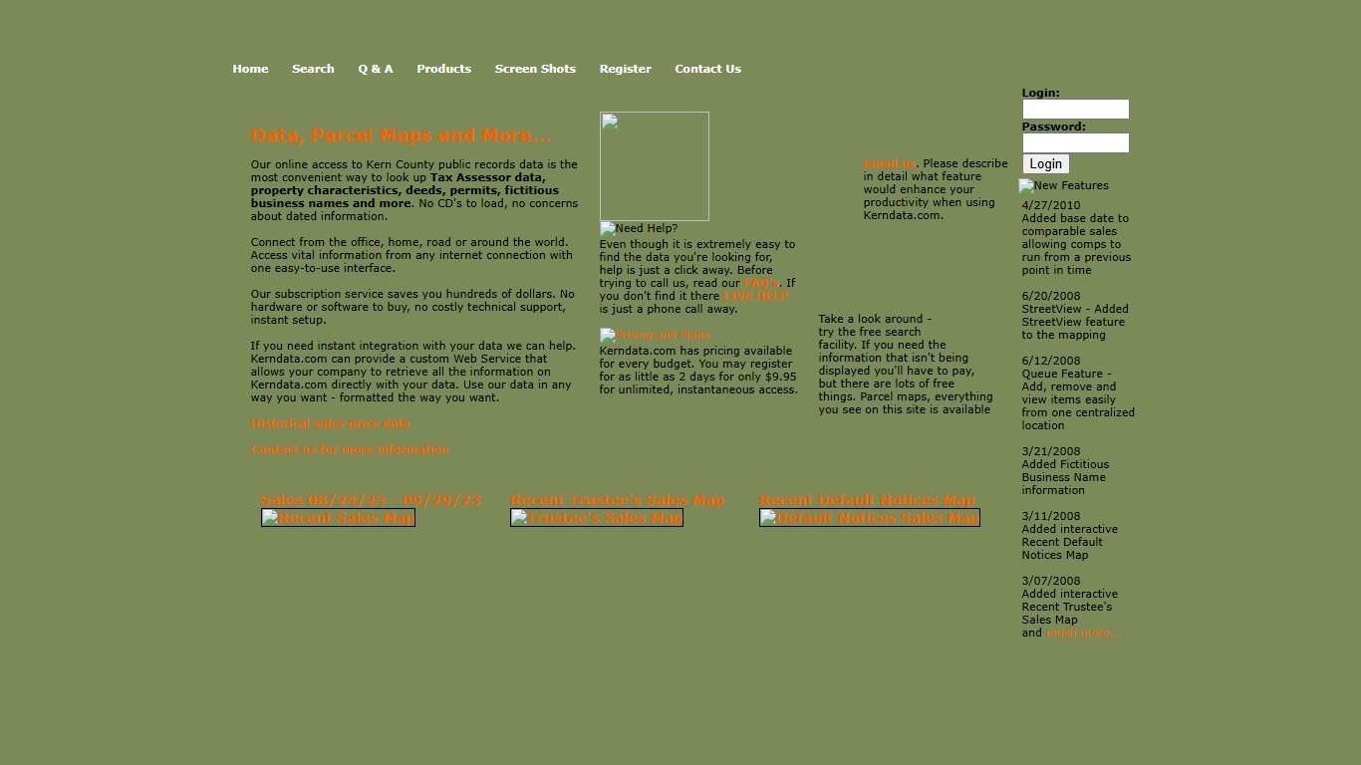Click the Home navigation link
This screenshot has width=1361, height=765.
pos(250,69)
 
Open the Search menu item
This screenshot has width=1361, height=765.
pos(313,69)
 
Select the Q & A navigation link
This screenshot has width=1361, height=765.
pos(376,69)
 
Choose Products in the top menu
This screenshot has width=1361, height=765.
pos(443,69)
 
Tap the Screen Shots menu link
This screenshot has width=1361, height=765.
pos(535,69)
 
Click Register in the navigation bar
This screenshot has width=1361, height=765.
pos(625,69)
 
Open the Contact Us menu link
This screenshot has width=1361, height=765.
pos(707,69)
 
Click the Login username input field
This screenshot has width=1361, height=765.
pos(1075,110)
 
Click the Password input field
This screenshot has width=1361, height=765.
pos(1075,143)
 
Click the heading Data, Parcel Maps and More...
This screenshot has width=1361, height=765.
pos(401,135)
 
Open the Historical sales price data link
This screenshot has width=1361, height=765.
pos(330,423)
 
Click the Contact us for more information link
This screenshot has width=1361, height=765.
pos(350,449)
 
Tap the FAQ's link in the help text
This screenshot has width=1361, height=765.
pos(761,283)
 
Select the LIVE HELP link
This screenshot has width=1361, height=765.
pos(755,296)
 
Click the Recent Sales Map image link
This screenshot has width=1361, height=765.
pos(338,518)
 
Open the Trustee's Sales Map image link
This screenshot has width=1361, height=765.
pos(596,518)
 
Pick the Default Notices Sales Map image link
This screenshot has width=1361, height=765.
pos(869,518)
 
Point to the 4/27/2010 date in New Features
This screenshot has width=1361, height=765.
pos(1050,205)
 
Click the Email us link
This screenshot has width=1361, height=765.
pos(889,163)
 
